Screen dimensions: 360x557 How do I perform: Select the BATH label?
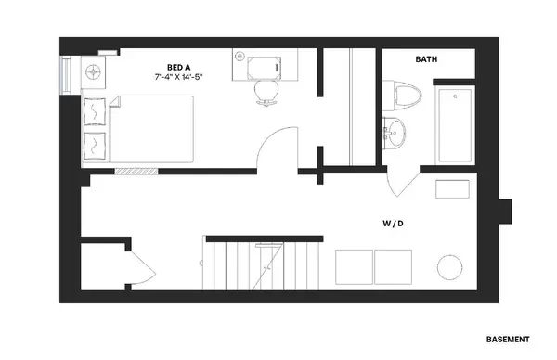pyautogui.click(x=426, y=59)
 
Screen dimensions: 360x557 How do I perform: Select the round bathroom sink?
pyautogui.click(x=396, y=135)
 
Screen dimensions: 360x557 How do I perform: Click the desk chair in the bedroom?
pyautogui.click(x=265, y=89)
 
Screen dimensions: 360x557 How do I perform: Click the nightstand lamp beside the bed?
pyautogui.click(x=94, y=71)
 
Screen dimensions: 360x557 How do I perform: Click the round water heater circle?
pyautogui.click(x=450, y=268)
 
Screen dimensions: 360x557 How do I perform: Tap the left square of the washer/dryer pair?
pyautogui.click(x=354, y=266)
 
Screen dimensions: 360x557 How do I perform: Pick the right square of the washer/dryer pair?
pyautogui.click(x=394, y=266)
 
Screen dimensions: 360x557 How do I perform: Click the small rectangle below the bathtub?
pyautogui.click(x=454, y=188)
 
